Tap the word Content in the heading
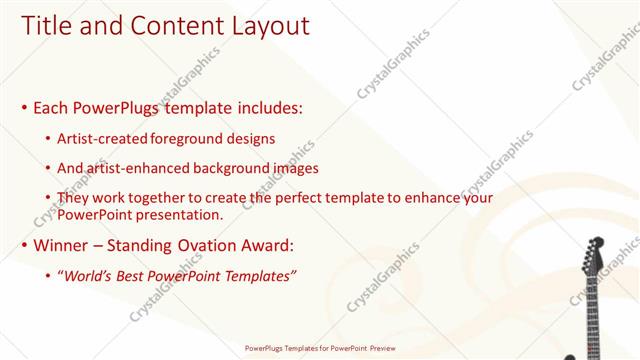[166, 26]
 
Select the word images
[290, 168]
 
